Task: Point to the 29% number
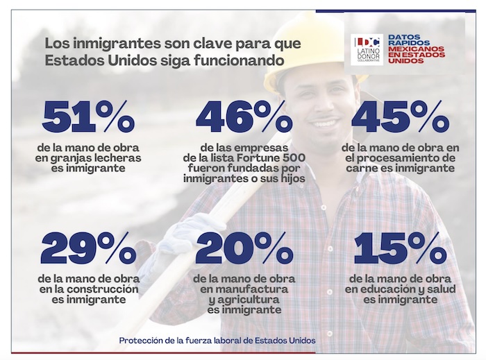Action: [88, 248]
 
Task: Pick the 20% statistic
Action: [244, 248]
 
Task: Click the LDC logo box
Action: [367, 49]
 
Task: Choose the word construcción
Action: [109, 289]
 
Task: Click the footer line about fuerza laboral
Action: [217, 341]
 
